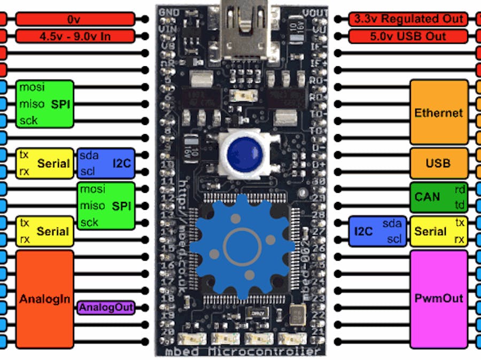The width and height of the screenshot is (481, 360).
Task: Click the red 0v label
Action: point(73,19)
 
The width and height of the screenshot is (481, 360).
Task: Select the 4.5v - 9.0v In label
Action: point(73,37)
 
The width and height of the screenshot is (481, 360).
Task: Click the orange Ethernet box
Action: point(439,113)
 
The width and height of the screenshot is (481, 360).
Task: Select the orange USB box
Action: point(439,163)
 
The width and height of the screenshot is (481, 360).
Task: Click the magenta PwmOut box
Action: point(439,298)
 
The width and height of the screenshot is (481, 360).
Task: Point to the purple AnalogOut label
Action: point(105,308)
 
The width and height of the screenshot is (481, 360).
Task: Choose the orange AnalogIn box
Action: point(45,299)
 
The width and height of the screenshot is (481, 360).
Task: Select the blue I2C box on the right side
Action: point(377,232)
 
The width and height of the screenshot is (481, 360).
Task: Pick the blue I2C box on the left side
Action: point(106,163)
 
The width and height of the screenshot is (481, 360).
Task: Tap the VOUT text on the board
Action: point(315,12)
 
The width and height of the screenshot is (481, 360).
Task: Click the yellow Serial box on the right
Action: point(439,232)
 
